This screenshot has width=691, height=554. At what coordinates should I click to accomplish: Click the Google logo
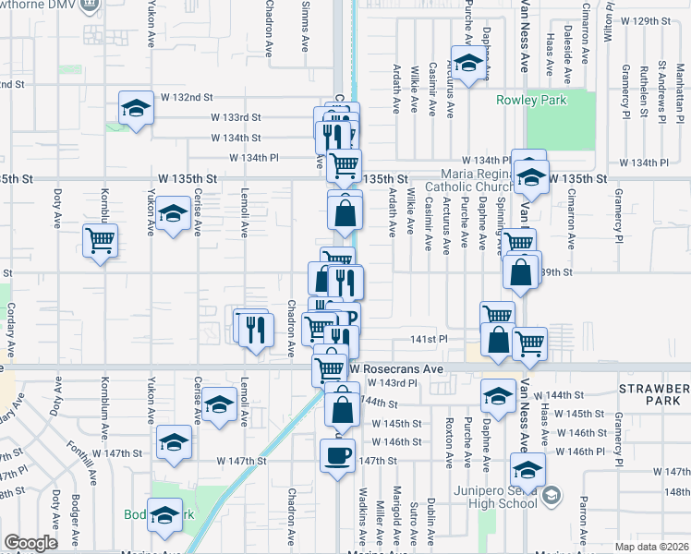tap(30, 543)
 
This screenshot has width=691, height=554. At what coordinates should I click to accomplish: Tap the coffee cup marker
tap(336, 454)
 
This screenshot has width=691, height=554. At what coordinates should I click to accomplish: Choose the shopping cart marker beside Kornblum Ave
tap(100, 242)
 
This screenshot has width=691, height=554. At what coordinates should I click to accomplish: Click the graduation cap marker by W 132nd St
tap(136, 108)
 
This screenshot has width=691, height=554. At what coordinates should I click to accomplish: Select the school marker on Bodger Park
tap(165, 514)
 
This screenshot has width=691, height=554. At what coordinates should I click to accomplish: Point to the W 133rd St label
tap(236, 117)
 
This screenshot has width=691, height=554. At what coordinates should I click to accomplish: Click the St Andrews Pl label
tap(662, 91)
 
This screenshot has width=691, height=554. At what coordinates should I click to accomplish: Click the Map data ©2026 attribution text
tap(651, 547)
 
